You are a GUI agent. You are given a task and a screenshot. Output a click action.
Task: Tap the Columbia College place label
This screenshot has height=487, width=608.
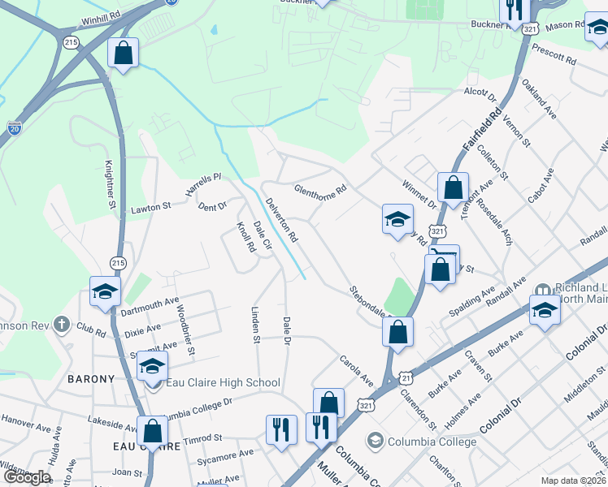(432, 442)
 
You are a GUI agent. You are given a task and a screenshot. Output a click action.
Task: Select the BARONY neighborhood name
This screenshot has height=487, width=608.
(91, 379)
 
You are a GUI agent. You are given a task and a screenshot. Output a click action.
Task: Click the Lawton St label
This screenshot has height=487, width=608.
(150, 209)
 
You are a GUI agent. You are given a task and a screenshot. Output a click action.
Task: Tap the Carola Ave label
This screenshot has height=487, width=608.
(356, 369)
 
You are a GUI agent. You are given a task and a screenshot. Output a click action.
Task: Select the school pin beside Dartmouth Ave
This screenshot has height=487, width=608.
(105, 292)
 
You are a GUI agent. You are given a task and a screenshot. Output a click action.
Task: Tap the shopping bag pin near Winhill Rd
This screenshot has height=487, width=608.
(123, 54)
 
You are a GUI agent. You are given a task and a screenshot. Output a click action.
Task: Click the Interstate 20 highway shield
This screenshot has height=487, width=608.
(15, 128)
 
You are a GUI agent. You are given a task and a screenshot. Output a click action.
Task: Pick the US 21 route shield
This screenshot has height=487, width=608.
(406, 377)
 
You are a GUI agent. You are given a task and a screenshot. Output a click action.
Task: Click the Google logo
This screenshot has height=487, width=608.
(27, 477)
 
